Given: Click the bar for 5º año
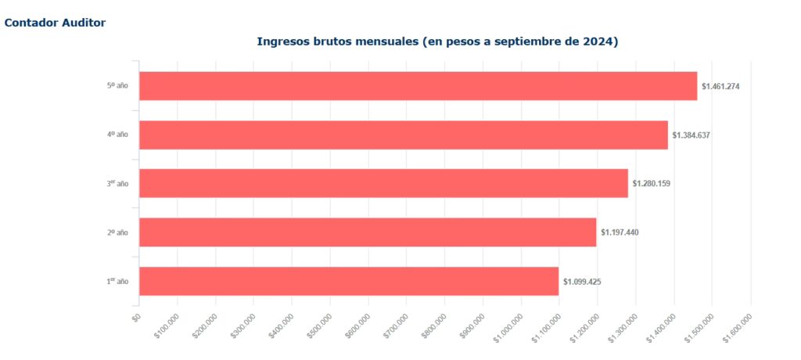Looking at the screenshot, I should [x=418, y=86].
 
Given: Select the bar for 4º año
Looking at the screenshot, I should [x=404, y=135].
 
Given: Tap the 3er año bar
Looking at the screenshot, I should [x=383, y=183].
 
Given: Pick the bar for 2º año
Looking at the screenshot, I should [x=368, y=232].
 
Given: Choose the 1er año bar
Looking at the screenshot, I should [x=349, y=281].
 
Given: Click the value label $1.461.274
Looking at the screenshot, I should [x=720, y=86].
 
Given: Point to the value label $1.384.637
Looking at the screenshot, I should [x=691, y=135].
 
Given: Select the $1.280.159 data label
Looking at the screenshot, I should [x=652, y=183].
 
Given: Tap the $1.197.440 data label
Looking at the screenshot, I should [x=620, y=232].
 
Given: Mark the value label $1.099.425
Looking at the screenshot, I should [x=582, y=281].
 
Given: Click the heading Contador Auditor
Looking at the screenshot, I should [x=55, y=23].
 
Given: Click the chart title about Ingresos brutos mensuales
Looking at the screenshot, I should [x=437, y=41].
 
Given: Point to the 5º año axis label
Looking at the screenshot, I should [x=117, y=85].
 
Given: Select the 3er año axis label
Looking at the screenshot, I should [x=117, y=183].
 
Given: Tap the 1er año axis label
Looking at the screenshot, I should [x=117, y=281].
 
